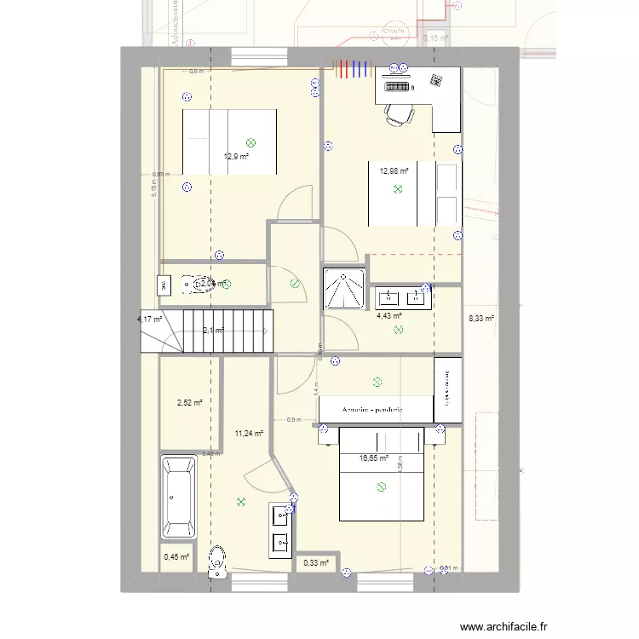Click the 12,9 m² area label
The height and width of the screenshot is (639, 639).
point(236,157)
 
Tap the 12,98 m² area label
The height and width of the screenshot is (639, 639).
point(394,171)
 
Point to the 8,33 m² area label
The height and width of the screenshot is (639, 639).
point(481,319)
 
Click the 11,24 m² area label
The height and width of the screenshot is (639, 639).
point(249,434)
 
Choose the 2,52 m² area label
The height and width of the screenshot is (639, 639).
point(188,403)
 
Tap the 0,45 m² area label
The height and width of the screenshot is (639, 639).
point(176,558)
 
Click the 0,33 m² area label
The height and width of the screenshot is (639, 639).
point(316,562)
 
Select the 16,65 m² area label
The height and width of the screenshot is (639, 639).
point(374,458)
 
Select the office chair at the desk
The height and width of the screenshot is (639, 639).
point(396,114)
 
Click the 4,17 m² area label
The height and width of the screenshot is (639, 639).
point(149,319)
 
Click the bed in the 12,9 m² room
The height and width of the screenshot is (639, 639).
point(229,141)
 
